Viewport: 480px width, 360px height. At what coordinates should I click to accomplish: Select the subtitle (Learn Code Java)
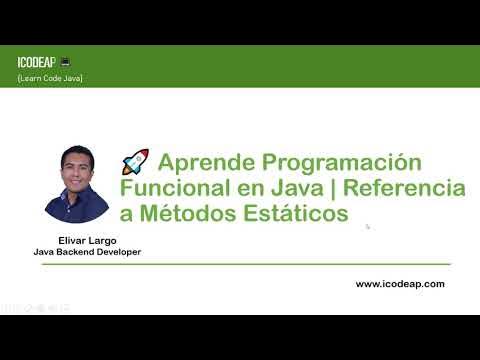50,78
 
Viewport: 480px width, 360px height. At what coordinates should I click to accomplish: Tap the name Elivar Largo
77,240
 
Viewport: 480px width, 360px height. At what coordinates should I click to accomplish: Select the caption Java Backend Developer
87,252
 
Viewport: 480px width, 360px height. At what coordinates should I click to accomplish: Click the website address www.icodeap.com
400,284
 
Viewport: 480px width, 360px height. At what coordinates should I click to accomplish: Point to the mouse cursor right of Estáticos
368,226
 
